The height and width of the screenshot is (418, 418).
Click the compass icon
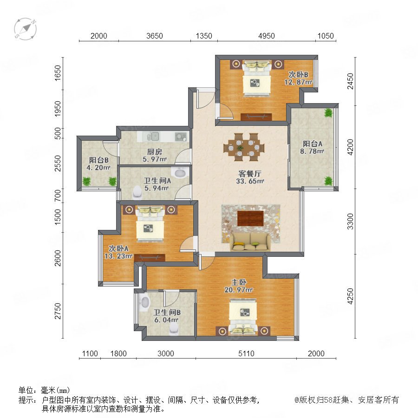(25, 29)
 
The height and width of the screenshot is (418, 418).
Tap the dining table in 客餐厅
(244, 147)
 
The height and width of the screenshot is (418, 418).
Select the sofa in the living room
(250, 242)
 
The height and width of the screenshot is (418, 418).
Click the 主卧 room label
(239, 282)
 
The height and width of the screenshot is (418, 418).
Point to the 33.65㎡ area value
(250, 181)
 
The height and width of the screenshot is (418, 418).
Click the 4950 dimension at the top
(266, 36)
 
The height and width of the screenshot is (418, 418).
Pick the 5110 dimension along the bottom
(246, 353)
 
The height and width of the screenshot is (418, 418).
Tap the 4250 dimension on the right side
(350, 296)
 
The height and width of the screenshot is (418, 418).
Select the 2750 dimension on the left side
(58, 311)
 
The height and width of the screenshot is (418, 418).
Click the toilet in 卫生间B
(174, 329)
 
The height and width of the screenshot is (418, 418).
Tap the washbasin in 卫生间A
(180, 172)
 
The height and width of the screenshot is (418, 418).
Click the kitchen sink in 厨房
(153, 137)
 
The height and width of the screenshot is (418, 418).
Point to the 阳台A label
(313, 144)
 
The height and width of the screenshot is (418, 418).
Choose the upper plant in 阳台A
(328, 113)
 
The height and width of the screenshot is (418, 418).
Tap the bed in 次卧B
(257, 78)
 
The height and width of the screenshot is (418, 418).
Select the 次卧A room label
(118, 248)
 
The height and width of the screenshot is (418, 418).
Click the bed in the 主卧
(243, 317)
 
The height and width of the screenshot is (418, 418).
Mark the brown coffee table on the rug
(250, 218)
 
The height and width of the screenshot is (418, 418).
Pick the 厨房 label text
(155, 152)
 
